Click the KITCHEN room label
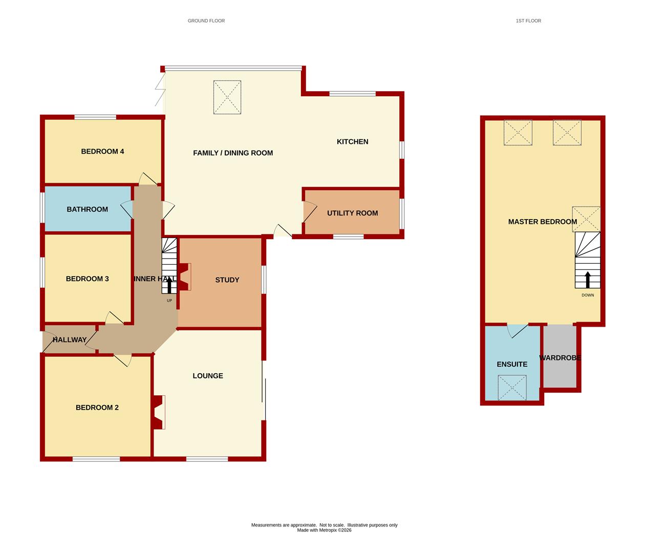(x=352, y=142)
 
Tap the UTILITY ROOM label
(x=352, y=213)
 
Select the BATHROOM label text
(x=88, y=209)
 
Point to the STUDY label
(x=227, y=280)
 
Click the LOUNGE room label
(x=208, y=376)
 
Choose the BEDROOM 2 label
(x=97, y=408)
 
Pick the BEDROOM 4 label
(x=102, y=152)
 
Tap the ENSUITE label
(x=512, y=364)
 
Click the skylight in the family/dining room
(x=227, y=97)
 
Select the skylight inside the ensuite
(x=512, y=388)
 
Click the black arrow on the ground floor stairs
(x=169, y=285)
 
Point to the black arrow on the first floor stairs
(x=588, y=280)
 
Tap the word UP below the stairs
(x=169, y=301)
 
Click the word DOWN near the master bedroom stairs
(x=588, y=295)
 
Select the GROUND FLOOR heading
(x=206, y=21)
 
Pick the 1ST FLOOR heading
(x=528, y=21)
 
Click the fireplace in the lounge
(x=159, y=412)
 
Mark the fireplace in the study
(x=184, y=277)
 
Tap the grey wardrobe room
(x=560, y=356)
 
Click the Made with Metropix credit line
(x=324, y=530)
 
